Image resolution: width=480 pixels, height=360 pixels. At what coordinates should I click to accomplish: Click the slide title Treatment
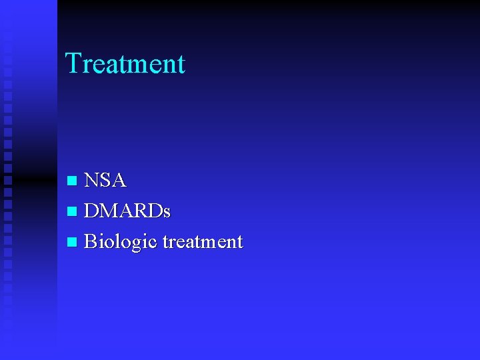tap(125, 64)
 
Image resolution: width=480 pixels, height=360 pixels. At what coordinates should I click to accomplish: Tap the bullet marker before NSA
tap(72, 181)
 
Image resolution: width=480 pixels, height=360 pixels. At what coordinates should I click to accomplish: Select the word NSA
tap(105, 181)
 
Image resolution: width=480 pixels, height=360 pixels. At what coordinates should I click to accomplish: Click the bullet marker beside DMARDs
tap(72, 212)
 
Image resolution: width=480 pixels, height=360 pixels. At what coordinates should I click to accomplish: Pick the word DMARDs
tap(127, 211)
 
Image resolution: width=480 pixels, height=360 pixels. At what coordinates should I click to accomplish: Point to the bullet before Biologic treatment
tap(72, 242)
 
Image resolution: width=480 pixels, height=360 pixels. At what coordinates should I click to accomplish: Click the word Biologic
tap(121, 242)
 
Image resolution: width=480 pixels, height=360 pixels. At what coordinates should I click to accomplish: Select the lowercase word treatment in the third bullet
tap(203, 242)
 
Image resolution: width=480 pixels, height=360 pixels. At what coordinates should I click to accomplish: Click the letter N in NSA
tap(93, 181)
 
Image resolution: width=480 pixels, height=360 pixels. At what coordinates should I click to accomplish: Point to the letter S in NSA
tap(106, 181)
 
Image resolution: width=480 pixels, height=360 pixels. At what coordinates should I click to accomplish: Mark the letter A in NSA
tap(118, 181)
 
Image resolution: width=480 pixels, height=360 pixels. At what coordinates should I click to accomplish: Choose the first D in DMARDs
tap(92, 211)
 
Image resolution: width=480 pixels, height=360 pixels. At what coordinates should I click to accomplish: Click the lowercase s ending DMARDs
tap(167, 213)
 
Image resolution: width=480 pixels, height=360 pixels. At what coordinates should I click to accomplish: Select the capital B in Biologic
tap(91, 241)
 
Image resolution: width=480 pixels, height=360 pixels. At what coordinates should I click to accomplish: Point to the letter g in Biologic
tap(138, 244)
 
